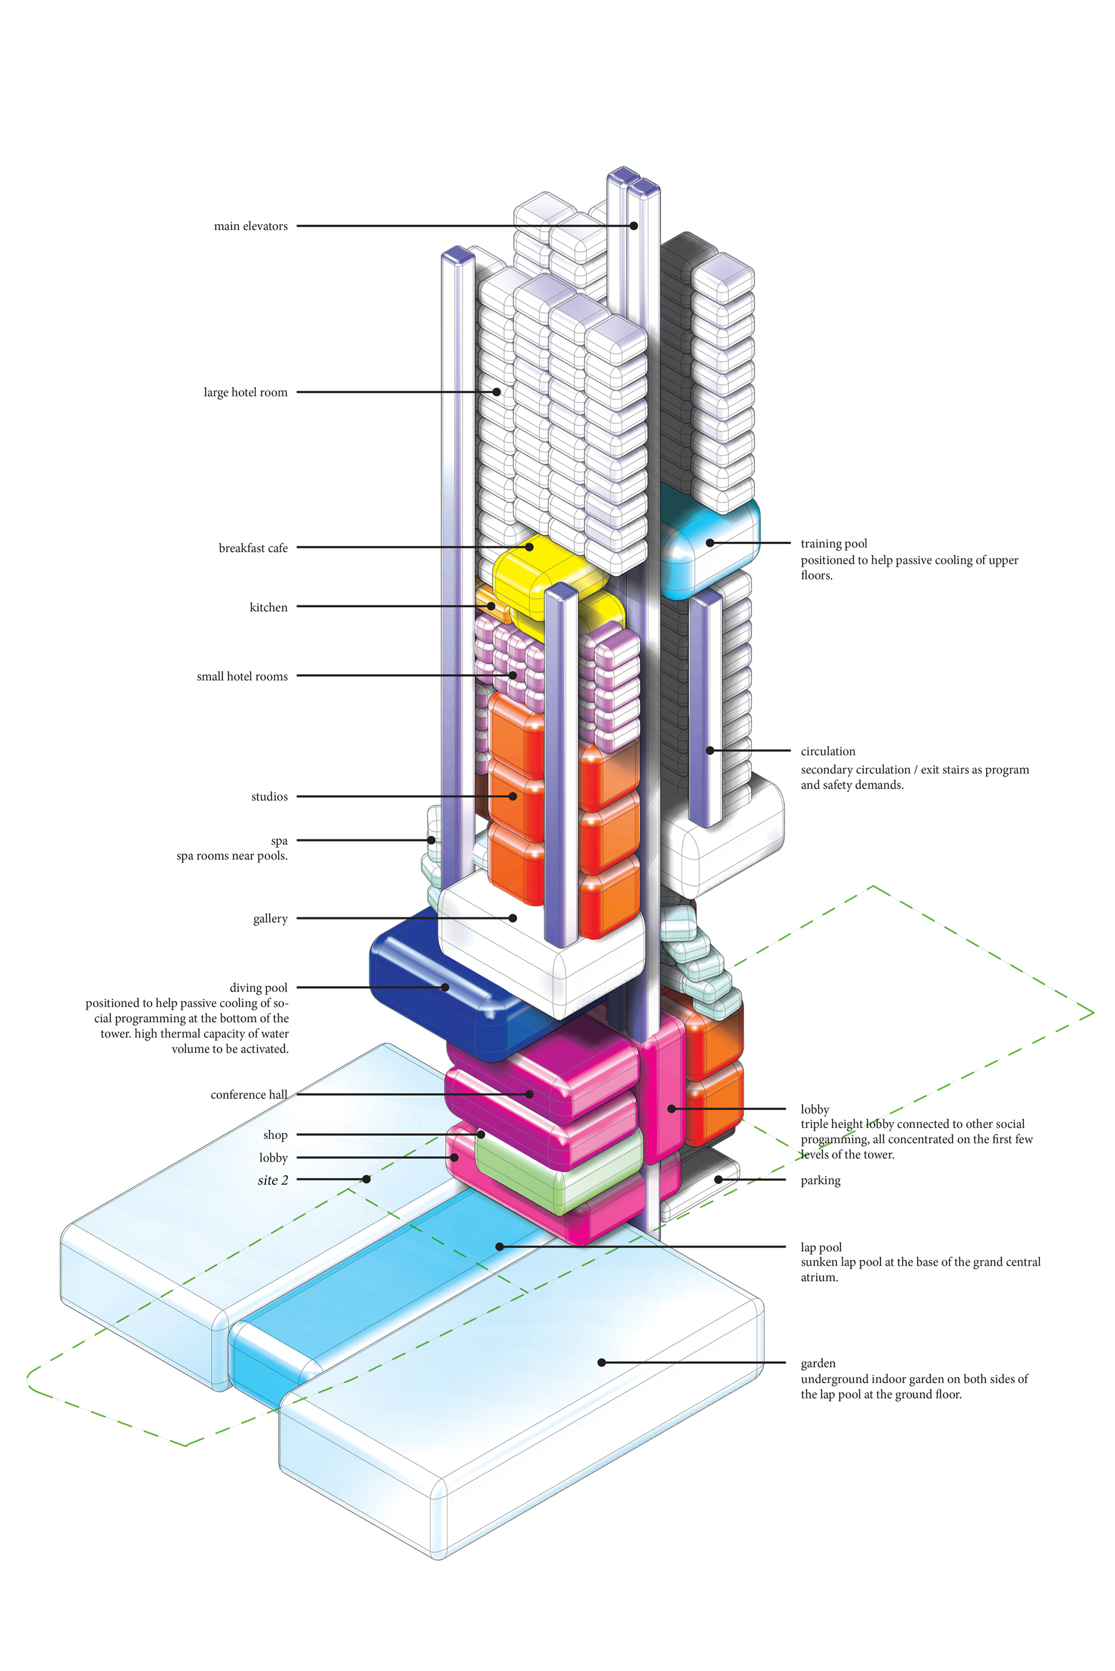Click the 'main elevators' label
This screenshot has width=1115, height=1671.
point(250,226)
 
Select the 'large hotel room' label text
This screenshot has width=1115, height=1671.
point(245,392)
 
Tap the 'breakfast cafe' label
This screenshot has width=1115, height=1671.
point(252,548)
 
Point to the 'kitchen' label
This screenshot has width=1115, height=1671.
point(268,607)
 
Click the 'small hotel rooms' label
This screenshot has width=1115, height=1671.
point(242,677)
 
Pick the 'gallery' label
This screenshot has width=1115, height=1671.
point(270,919)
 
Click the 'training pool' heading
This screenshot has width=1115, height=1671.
point(834,544)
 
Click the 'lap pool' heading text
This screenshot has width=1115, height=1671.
point(821,1247)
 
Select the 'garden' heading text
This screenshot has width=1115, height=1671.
point(818,1363)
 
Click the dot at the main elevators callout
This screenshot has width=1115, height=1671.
point(634,226)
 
